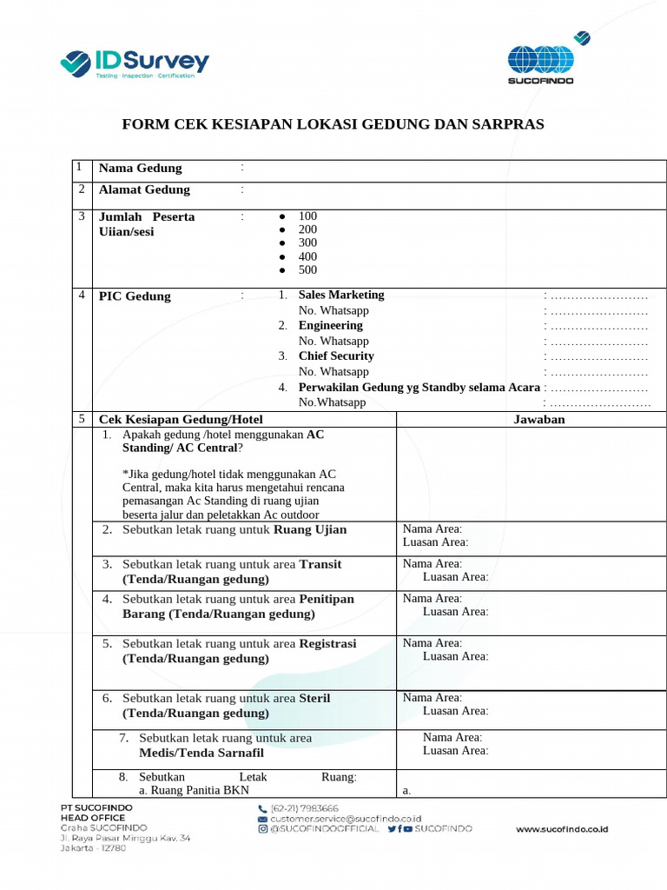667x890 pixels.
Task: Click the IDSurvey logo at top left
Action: [135, 63]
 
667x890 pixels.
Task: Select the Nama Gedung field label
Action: [140, 168]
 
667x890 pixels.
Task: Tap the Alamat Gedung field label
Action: [144, 189]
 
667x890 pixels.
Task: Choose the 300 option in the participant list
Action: [307, 242]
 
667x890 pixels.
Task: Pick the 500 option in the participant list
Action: [307, 269]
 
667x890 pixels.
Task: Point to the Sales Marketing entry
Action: [340, 295]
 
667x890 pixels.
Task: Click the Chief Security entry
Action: [336, 355]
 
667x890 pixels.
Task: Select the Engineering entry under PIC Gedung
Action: [330, 325]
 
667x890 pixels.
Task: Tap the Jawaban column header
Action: [539, 419]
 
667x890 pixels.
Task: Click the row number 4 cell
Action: [80, 296]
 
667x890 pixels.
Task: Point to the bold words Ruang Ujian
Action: [310, 529]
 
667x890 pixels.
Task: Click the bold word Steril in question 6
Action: [314, 698]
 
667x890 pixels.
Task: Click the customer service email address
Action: [346, 819]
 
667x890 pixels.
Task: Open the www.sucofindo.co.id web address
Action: [562, 829]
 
